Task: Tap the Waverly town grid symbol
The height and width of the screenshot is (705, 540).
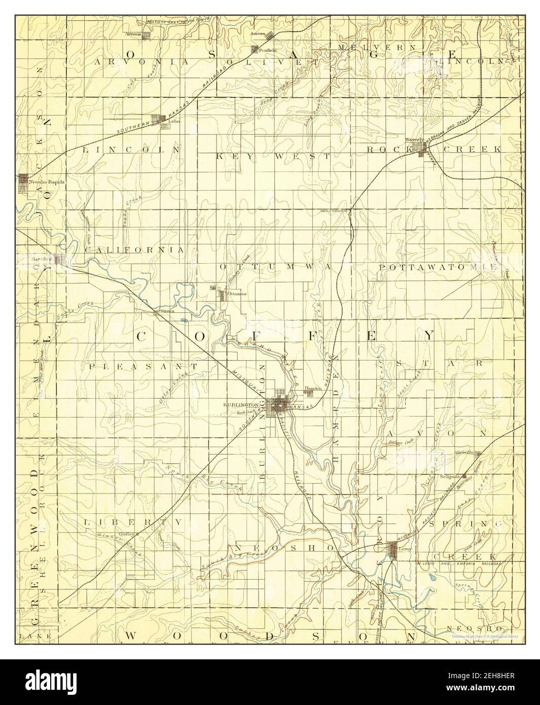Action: click(x=420, y=148)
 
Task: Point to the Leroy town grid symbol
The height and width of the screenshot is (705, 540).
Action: click(x=392, y=548)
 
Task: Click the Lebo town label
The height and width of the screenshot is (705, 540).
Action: click(x=174, y=122)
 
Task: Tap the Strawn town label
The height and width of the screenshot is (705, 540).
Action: click(x=167, y=310)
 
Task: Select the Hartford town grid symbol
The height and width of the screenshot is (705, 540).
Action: click(x=60, y=260)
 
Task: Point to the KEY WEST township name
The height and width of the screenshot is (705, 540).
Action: click(x=273, y=156)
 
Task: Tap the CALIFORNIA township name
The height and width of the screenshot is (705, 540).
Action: click(x=134, y=250)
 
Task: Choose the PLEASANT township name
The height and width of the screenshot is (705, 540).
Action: click(x=142, y=365)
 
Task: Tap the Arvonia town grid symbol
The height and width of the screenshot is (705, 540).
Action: click(x=147, y=35)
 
